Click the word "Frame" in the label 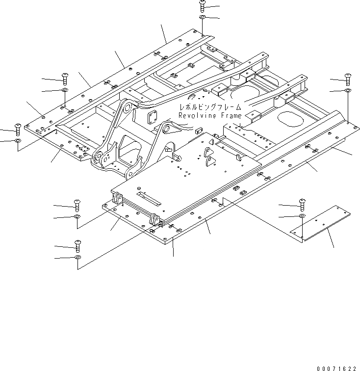coord(230,116)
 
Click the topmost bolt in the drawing coord(202,6)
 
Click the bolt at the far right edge coord(347,77)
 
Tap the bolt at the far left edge coord(17,129)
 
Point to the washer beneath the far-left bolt coord(17,141)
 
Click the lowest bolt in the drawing coord(77,244)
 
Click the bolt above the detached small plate coord(302,203)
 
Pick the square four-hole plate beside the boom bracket coord(153,118)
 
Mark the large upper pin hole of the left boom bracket coord(127,107)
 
